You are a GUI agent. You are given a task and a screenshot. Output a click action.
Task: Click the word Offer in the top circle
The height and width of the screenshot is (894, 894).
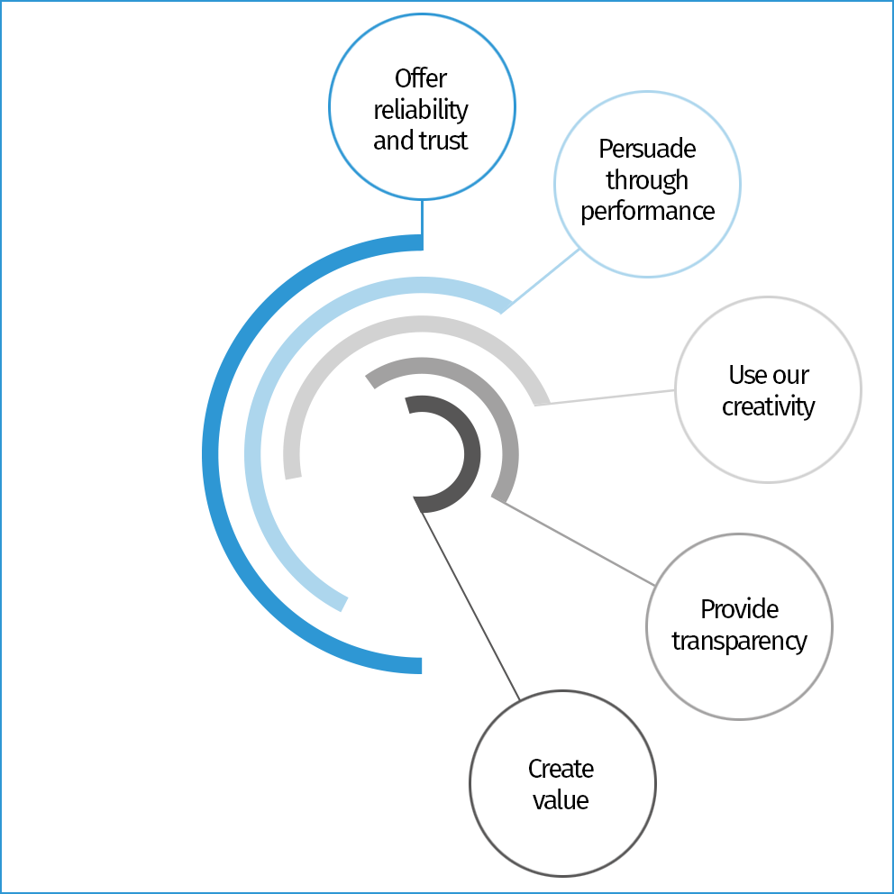pyautogui.click(x=421, y=78)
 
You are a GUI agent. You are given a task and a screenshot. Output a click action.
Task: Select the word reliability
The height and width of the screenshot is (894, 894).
pyautogui.click(x=421, y=110)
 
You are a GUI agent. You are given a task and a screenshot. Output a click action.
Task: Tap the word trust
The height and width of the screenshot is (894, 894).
pyautogui.click(x=445, y=141)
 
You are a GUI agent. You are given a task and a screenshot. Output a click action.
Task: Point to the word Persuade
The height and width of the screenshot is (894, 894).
pyautogui.click(x=647, y=149)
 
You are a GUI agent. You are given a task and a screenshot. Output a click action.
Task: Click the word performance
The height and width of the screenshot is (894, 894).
pyautogui.click(x=647, y=212)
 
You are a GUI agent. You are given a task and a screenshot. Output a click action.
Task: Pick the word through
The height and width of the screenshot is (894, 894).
pyautogui.click(x=647, y=180)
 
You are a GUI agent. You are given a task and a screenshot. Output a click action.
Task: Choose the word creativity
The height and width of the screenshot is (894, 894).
pyautogui.click(x=768, y=406)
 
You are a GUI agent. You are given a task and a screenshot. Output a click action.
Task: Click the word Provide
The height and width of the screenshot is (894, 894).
pyautogui.click(x=739, y=609)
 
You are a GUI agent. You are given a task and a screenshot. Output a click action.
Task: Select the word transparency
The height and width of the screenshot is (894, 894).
pyautogui.click(x=739, y=641)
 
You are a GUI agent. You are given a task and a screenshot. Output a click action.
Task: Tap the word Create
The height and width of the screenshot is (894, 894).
pyautogui.click(x=561, y=769)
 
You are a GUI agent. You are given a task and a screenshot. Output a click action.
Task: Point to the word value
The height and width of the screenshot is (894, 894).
pyautogui.click(x=561, y=800)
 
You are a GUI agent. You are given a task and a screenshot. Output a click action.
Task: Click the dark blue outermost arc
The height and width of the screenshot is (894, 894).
pyautogui.click(x=212, y=455)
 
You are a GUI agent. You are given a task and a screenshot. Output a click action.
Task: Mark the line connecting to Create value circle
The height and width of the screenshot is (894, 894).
pyautogui.click(x=470, y=598)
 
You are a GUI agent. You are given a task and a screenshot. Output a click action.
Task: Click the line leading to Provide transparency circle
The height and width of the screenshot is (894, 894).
pyautogui.click(x=577, y=543)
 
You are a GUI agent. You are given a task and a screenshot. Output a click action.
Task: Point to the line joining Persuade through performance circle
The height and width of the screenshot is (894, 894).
pyautogui.click(x=541, y=279)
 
